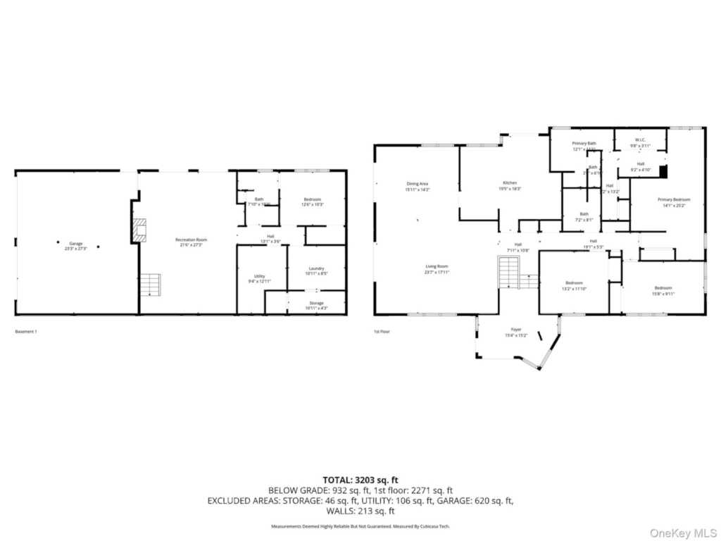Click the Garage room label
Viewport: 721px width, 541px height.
pos(75,244)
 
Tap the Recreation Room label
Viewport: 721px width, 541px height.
pos(191,240)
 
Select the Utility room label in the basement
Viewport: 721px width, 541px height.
pos(251,278)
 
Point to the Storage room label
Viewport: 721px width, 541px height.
pos(315,304)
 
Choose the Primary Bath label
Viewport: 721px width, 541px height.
pos(584,144)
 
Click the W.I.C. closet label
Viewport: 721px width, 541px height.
pos(640,140)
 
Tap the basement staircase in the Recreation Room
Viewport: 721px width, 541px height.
pos(150,285)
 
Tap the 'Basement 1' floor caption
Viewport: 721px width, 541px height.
pos(25,331)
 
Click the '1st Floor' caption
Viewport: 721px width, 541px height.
pos(382,331)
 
